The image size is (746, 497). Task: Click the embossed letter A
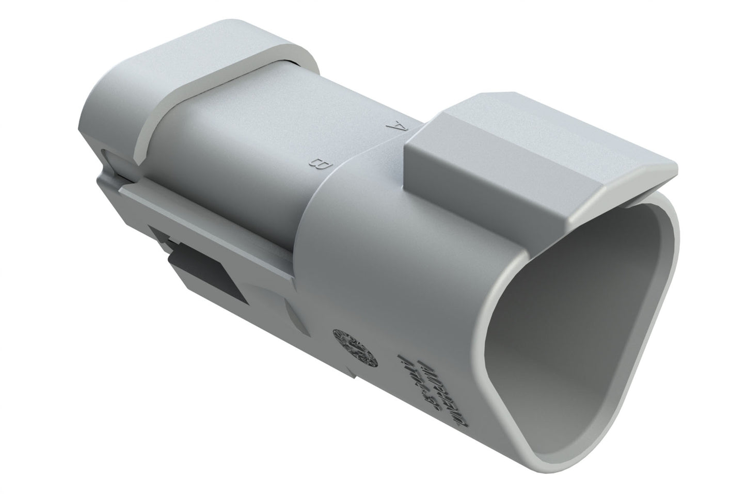coord(396,125)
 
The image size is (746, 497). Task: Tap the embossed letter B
coord(321,164)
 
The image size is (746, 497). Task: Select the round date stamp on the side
coord(356,345)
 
